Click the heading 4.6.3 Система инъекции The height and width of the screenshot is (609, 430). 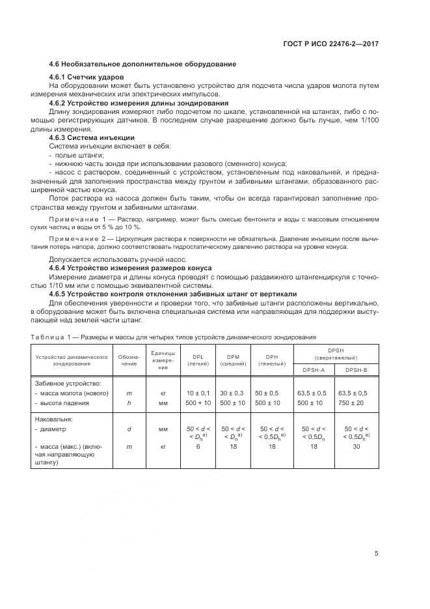pyautogui.click(x=92, y=137)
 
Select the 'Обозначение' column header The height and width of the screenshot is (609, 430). pyautogui.click(x=128, y=360)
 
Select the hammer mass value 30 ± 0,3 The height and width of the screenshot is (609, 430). pyautogui.click(x=232, y=393)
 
